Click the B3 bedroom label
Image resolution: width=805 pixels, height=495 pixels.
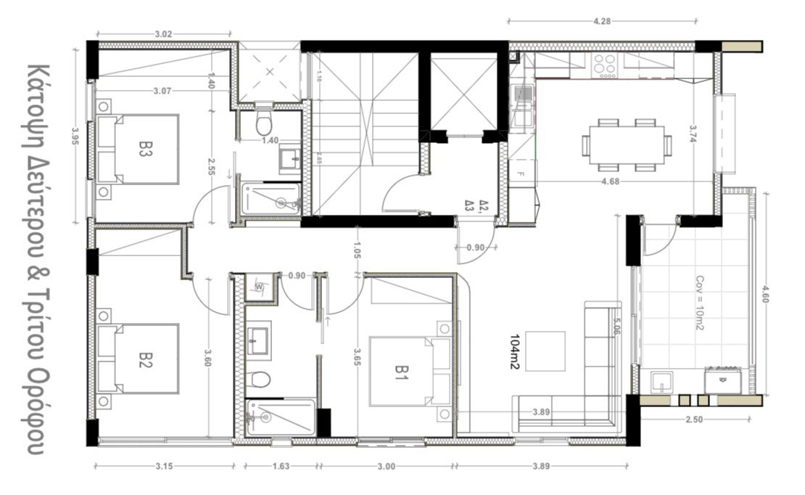click(146, 149)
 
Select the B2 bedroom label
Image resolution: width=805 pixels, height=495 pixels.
click(146, 359)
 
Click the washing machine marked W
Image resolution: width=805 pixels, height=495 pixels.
click(259, 287)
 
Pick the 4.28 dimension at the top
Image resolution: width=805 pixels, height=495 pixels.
click(601, 21)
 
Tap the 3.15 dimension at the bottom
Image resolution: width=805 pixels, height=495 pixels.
click(164, 467)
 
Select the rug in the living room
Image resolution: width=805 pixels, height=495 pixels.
click(544, 350)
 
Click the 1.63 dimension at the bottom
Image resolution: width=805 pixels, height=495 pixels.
click(282, 467)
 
